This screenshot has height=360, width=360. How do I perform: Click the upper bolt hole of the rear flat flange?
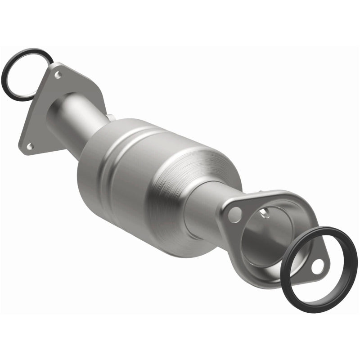[57, 75]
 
